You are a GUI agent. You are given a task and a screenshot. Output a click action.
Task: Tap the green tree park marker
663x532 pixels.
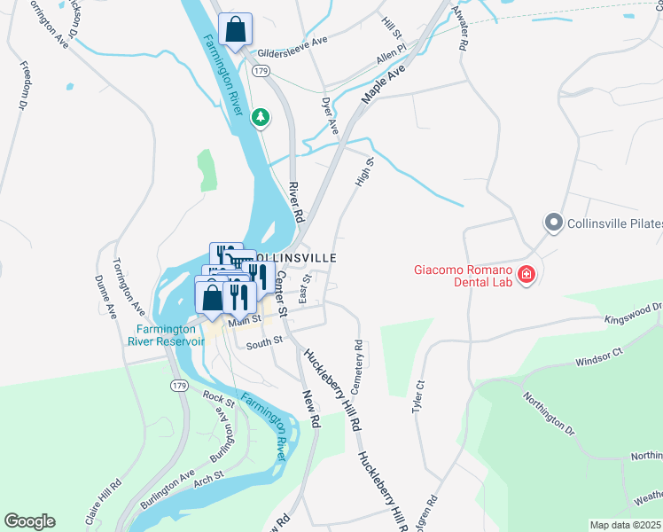(260, 116)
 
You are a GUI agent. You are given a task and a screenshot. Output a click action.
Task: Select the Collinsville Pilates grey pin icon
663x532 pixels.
(554, 223)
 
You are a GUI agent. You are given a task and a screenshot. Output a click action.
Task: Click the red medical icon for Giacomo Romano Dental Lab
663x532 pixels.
(526, 276)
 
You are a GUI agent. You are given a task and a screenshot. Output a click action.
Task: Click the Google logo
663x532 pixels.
(29, 521)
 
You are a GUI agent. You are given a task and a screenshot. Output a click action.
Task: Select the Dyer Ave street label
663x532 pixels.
(330, 116)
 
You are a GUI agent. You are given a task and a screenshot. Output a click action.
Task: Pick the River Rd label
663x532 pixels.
(295, 203)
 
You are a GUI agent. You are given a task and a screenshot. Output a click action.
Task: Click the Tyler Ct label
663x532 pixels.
(419, 397)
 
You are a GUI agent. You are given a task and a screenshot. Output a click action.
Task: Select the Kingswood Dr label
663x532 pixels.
(633, 312)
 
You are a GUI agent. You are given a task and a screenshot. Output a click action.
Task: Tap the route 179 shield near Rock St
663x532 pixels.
(180, 386)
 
